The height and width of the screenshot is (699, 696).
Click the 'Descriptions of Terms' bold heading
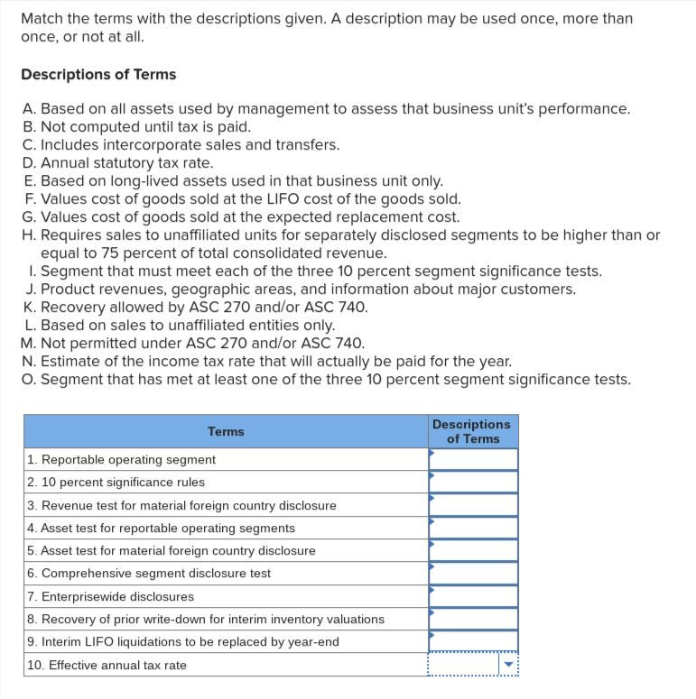[x=98, y=74]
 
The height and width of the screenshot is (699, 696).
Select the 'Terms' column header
[x=226, y=431]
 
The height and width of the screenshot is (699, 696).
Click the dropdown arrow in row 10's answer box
[x=507, y=666]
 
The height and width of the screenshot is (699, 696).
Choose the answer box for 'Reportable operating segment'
[x=473, y=459]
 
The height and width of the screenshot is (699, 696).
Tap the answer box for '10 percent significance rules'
[x=473, y=482]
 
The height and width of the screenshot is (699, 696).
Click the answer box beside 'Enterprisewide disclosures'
[x=473, y=596]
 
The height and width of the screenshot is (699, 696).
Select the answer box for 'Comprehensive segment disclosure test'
[x=473, y=574]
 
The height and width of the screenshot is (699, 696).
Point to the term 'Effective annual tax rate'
[x=107, y=665]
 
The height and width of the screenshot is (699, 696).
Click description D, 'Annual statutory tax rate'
[x=118, y=162]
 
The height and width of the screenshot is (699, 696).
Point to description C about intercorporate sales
[x=181, y=144]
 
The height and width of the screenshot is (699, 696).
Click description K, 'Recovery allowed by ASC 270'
[x=196, y=307]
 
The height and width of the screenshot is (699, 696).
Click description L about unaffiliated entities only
[x=179, y=325]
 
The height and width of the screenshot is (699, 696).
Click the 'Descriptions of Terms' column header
[x=471, y=431]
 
